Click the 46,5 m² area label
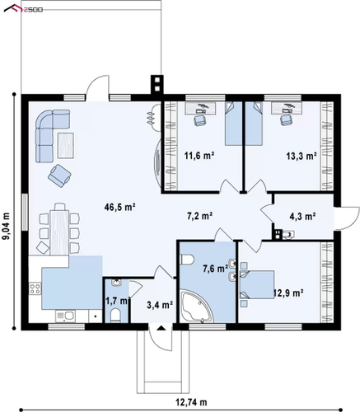tap(120, 208)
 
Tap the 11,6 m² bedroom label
tap(199, 156)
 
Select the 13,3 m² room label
tap(302, 157)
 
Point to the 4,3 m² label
tap(302, 217)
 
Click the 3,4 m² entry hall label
tap(160, 305)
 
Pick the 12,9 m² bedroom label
tap(288, 293)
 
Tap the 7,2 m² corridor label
tap(199, 216)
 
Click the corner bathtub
tap(197, 307)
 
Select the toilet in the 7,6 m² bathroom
tap(187, 260)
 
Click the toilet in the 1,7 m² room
tap(115, 315)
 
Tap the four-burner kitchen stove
tap(35, 288)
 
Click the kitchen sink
tap(65, 316)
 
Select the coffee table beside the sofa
tap(66, 145)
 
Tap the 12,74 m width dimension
tap(192, 403)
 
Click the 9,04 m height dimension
tap(6, 226)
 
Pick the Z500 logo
tap(23, 9)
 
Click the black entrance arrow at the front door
tap(161, 327)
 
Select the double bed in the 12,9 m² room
tap(257, 284)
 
